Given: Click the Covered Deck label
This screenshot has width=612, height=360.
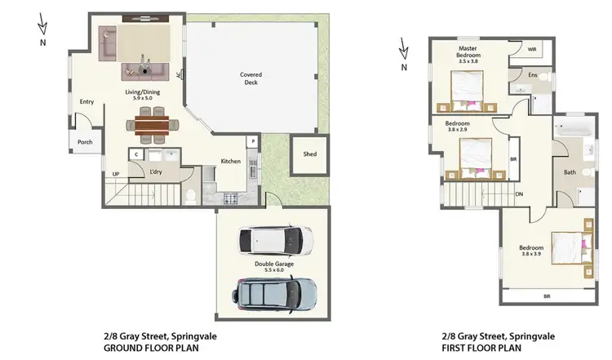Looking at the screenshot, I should [x=251, y=78].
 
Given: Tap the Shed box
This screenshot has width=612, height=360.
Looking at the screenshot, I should [x=309, y=154].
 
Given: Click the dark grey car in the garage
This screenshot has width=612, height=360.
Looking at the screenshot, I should [x=276, y=291].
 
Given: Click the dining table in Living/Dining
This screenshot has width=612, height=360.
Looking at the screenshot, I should [x=149, y=125].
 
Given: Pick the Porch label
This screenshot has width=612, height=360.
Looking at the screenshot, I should [x=85, y=142].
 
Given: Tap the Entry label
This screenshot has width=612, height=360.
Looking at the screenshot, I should [x=86, y=102].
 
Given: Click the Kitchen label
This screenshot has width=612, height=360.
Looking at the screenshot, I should [x=231, y=162].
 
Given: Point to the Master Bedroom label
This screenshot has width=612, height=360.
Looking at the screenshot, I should [x=468, y=53].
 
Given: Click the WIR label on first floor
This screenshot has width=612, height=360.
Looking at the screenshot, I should [x=532, y=50].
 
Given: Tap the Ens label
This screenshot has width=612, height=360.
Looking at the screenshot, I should [x=532, y=75].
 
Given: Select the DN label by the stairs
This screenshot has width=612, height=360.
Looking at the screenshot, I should [x=519, y=194].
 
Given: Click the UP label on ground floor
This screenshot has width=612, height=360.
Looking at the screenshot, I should [x=116, y=175].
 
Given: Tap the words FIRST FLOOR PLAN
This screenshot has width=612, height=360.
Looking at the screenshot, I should [x=486, y=347].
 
